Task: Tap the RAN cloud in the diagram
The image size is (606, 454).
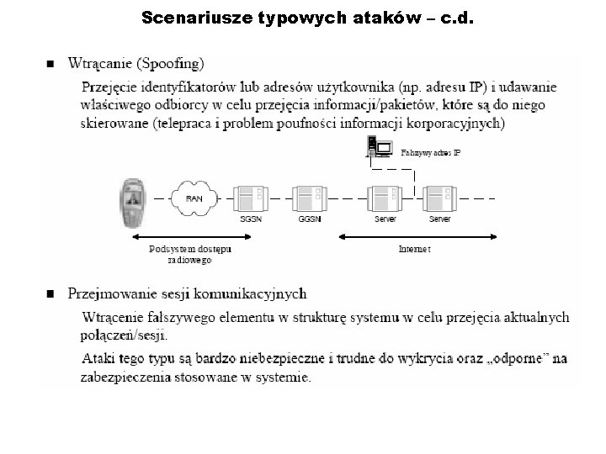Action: (x=194, y=199)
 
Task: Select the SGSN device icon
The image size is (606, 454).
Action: (x=252, y=199)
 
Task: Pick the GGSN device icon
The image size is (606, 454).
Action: (x=309, y=199)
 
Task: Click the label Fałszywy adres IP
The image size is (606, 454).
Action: (x=430, y=153)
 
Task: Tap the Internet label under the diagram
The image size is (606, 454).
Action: (x=414, y=249)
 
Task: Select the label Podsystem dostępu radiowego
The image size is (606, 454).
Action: (x=189, y=254)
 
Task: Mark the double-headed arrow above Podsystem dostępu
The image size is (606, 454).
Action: (x=189, y=237)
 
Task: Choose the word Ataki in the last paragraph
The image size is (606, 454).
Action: (x=99, y=359)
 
